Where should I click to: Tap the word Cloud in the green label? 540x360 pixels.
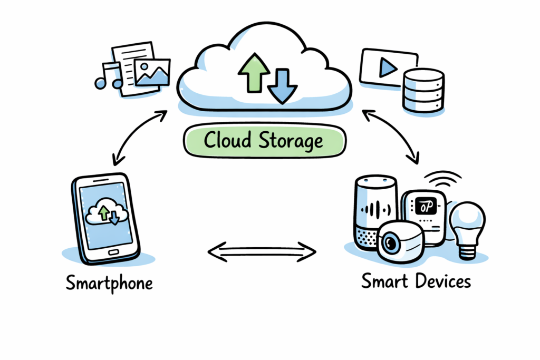[227, 141]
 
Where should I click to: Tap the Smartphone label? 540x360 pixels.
[109, 283]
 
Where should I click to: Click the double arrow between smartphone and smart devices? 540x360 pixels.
[262, 251]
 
